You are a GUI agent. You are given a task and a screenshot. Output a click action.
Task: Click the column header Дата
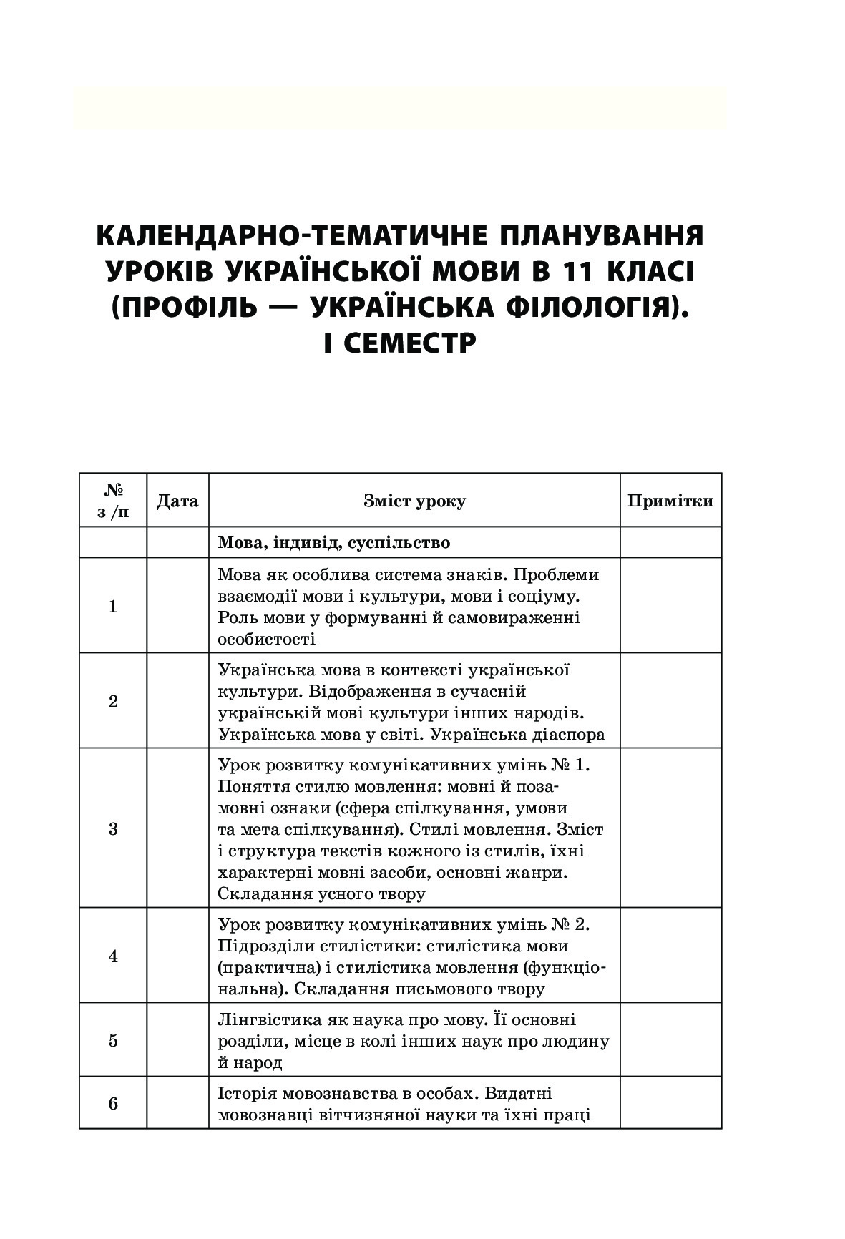(177, 501)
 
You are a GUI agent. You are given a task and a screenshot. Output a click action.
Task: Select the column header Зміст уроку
(414, 501)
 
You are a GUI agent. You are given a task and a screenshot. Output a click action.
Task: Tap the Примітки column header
(670, 501)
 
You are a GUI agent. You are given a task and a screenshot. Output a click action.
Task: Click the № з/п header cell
(113, 501)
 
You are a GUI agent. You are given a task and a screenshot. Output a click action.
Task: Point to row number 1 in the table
(113, 607)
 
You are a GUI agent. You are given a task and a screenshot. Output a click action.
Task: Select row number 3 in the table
(113, 829)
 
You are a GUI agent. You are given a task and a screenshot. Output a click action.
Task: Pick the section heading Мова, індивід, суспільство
(334, 543)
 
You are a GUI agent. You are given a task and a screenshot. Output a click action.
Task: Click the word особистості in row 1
(266, 639)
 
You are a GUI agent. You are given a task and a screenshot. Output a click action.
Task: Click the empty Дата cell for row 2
(177, 701)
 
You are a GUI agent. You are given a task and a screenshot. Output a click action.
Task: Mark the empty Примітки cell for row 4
(670, 956)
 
